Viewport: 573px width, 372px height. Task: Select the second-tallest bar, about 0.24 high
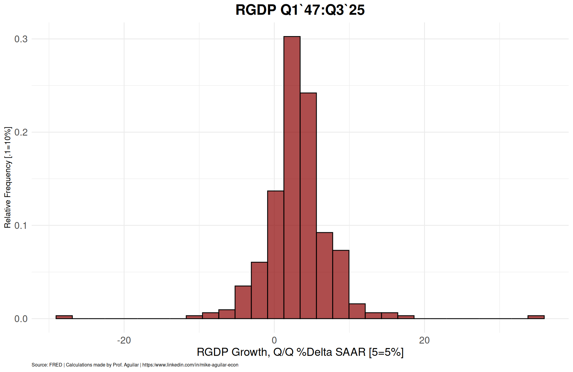pyautogui.click(x=308, y=206)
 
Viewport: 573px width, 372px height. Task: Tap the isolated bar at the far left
pyautogui.click(x=64, y=317)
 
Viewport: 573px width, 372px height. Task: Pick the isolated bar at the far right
pyautogui.click(x=536, y=317)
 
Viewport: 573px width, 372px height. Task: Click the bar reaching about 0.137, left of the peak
pyautogui.click(x=275, y=255)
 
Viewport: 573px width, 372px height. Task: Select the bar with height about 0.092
pyautogui.click(x=325, y=276)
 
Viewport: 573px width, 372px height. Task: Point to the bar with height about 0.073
pyautogui.click(x=341, y=285)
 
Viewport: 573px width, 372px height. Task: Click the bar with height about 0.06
pyautogui.click(x=259, y=291)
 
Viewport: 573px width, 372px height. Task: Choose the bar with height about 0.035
pyautogui.click(x=243, y=302)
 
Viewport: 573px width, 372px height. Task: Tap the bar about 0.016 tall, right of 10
pyautogui.click(x=357, y=311)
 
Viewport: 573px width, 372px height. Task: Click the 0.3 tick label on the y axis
pyautogui.click(x=21, y=39)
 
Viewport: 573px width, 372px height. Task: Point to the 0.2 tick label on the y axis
pyautogui.click(x=21, y=132)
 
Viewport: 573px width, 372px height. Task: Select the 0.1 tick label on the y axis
pyautogui.click(x=21, y=225)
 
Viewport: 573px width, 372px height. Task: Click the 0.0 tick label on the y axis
pyautogui.click(x=21, y=319)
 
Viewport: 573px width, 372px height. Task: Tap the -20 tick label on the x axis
pyautogui.click(x=124, y=340)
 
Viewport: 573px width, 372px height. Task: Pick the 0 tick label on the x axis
pyautogui.click(x=274, y=340)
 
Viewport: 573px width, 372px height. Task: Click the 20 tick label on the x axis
pyautogui.click(x=424, y=340)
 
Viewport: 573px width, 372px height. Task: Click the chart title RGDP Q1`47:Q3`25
pyautogui.click(x=300, y=10)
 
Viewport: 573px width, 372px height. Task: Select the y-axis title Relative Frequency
pyautogui.click(x=7, y=177)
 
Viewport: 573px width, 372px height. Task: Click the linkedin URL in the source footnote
pyautogui.click(x=190, y=365)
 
